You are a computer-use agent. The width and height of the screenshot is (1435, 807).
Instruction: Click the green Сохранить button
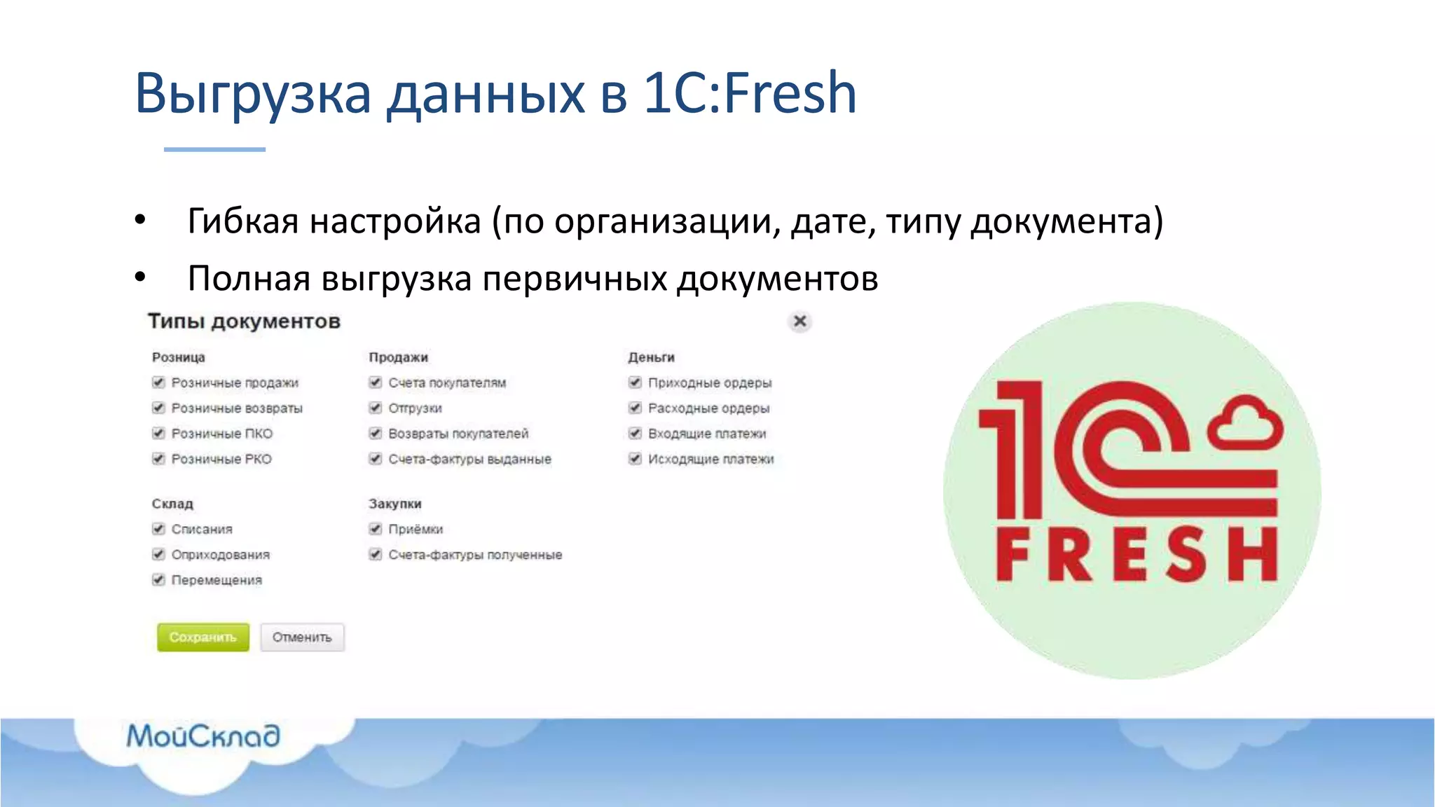pyautogui.click(x=202, y=637)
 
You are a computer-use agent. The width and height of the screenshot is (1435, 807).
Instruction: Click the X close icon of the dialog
pyautogui.click(x=799, y=322)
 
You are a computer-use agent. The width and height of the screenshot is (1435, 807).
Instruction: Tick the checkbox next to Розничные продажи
pyautogui.click(x=158, y=382)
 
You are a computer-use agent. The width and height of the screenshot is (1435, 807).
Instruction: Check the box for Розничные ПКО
pyautogui.click(x=158, y=434)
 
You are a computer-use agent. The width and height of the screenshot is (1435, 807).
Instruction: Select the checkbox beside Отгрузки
pyautogui.click(x=376, y=408)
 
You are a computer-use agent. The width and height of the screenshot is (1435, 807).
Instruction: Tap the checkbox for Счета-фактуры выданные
pyautogui.click(x=376, y=459)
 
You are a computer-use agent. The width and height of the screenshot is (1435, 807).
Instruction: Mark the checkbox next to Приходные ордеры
pyautogui.click(x=635, y=382)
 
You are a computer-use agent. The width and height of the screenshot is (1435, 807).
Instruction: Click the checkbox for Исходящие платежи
pyautogui.click(x=635, y=459)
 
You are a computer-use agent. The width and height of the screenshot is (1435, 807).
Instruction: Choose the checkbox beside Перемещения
pyautogui.click(x=158, y=580)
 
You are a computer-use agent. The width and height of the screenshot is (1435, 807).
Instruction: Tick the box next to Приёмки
pyautogui.click(x=376, y=529)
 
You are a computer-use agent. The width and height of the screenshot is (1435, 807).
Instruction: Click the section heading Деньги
pyautogui.click(x=651, y=357)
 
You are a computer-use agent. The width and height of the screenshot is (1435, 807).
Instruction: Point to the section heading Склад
pyautogui.click(x=172, y=504)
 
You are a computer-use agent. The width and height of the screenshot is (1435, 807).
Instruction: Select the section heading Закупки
pyautogui.click(x=395, y=504)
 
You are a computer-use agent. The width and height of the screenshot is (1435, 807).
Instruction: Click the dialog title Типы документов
pyautogui.click(x=244, y=322)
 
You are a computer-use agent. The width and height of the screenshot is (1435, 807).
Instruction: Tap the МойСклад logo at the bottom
pyautogui.click(x=203, y=736)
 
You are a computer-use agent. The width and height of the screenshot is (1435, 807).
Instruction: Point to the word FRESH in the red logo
pyautogui.click(x=1137, y=555)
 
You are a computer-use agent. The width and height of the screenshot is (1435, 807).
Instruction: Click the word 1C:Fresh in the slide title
pyautogui.click(x=750, y=92)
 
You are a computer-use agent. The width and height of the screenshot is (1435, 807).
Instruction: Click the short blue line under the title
pyautogui.click(x=214, y=149)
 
